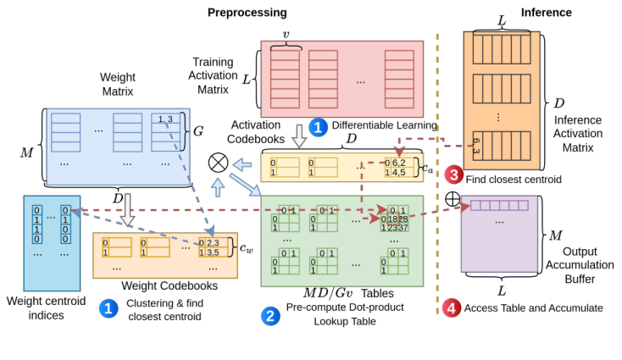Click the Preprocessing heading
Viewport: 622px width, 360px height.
click(247, 13)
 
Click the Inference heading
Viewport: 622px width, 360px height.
click(546, 13)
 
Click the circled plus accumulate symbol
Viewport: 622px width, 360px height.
click(453, 199)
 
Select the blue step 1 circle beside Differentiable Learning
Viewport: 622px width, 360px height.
click(318, 127)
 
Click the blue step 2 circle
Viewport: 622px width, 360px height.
click(270, 316)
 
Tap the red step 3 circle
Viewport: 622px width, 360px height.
click(453, 175)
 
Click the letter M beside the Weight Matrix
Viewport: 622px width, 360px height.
click(27, 152)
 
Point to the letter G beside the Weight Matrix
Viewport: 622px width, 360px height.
click(198, 131)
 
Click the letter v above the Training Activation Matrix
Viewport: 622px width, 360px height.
click(285, 35)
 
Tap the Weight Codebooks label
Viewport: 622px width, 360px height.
click(169, 286)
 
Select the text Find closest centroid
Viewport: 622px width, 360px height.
click(514, 180)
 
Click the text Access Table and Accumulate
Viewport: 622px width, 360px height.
click(534, 308)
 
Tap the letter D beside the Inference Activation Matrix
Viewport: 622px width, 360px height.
click(558, 102)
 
